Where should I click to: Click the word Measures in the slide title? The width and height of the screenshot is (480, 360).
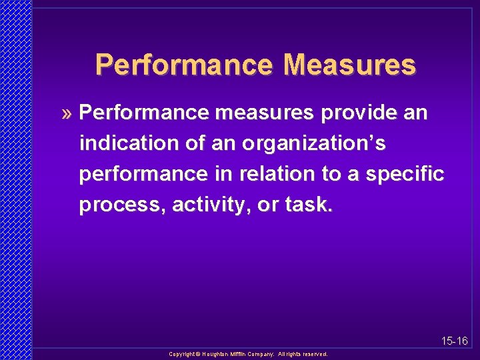pyautogui.click(x=349, y=65)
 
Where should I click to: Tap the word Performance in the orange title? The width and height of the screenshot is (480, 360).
pyautogui.click(x=183, y=65)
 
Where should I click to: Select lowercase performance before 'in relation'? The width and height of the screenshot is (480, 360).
pyautogui.click(x=142, y=175)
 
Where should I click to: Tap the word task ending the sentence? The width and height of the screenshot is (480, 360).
pyautogui.click(x=307, y=205)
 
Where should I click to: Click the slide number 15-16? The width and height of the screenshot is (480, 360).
pyautogui.click(x=454, y=341)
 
